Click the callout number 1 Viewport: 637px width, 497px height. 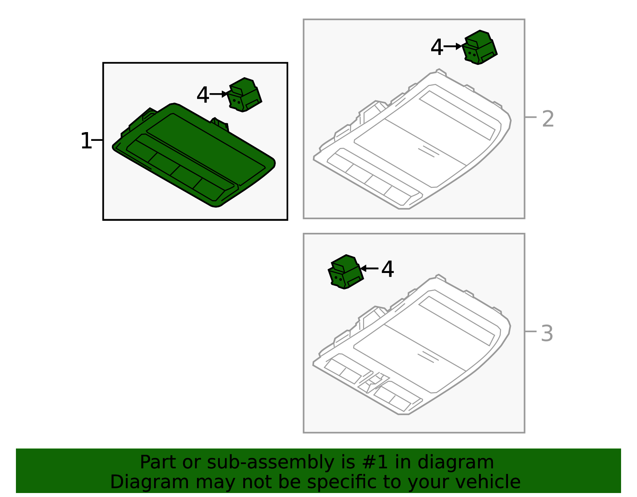click(86, 141)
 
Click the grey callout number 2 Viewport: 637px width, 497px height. click(548, 119)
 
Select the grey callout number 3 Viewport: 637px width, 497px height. click(547, 333)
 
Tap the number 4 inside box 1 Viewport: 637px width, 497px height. click(203, 95)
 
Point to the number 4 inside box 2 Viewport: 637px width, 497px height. click(437, 47)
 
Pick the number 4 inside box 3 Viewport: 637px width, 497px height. click(387, 269)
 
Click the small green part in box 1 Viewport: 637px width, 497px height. click(244, 95)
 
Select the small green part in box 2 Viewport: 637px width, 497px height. click(480, 47)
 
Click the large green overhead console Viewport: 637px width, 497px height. click(194, 155)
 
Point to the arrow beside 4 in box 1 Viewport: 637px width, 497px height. click(219, 94)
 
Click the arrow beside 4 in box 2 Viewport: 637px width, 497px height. click(453, 46)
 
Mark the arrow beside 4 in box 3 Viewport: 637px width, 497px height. click(369, 268)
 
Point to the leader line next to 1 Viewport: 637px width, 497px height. click(97, 140)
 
